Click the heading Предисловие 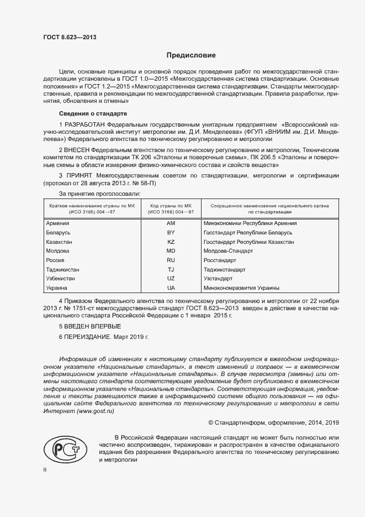[191, 55]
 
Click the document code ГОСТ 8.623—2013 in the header [69, 38]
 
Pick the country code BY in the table [171, 233]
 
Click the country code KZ [171, 242]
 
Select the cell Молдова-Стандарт [228, 251]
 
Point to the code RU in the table [171, 260]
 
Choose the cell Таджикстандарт [225, 269]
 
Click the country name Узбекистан [61, 279]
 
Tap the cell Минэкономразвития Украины [241, 288]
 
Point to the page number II [45, 469]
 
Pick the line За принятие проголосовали [99, 194]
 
